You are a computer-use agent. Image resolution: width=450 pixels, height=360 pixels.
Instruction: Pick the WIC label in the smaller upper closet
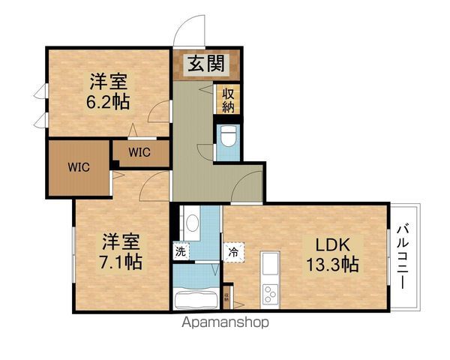[139, 151]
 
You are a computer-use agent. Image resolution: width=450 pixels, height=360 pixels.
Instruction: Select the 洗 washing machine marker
[181, 251]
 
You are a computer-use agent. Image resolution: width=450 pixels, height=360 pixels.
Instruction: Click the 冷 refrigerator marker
[234, 251]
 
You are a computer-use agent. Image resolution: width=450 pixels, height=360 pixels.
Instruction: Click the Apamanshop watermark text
[224, 324]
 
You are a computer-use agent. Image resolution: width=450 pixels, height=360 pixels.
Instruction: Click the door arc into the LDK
[247, 186]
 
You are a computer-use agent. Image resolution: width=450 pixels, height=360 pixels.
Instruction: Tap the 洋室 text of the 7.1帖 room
[120, 241]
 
